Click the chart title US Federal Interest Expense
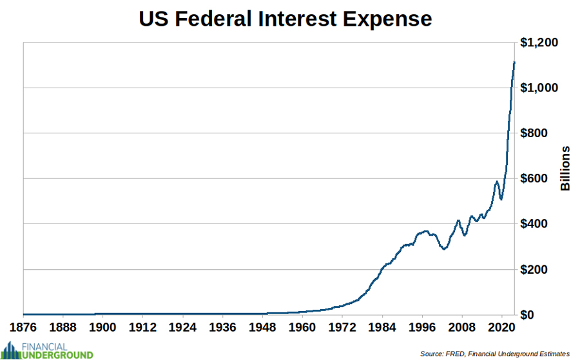pos(285,19)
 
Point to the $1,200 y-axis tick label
pos(540,43)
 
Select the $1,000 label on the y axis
pos(540,88)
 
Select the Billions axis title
pos(565,169)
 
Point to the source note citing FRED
pos(495,354)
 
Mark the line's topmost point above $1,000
pos(514,62)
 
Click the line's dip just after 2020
pos(501,198)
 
